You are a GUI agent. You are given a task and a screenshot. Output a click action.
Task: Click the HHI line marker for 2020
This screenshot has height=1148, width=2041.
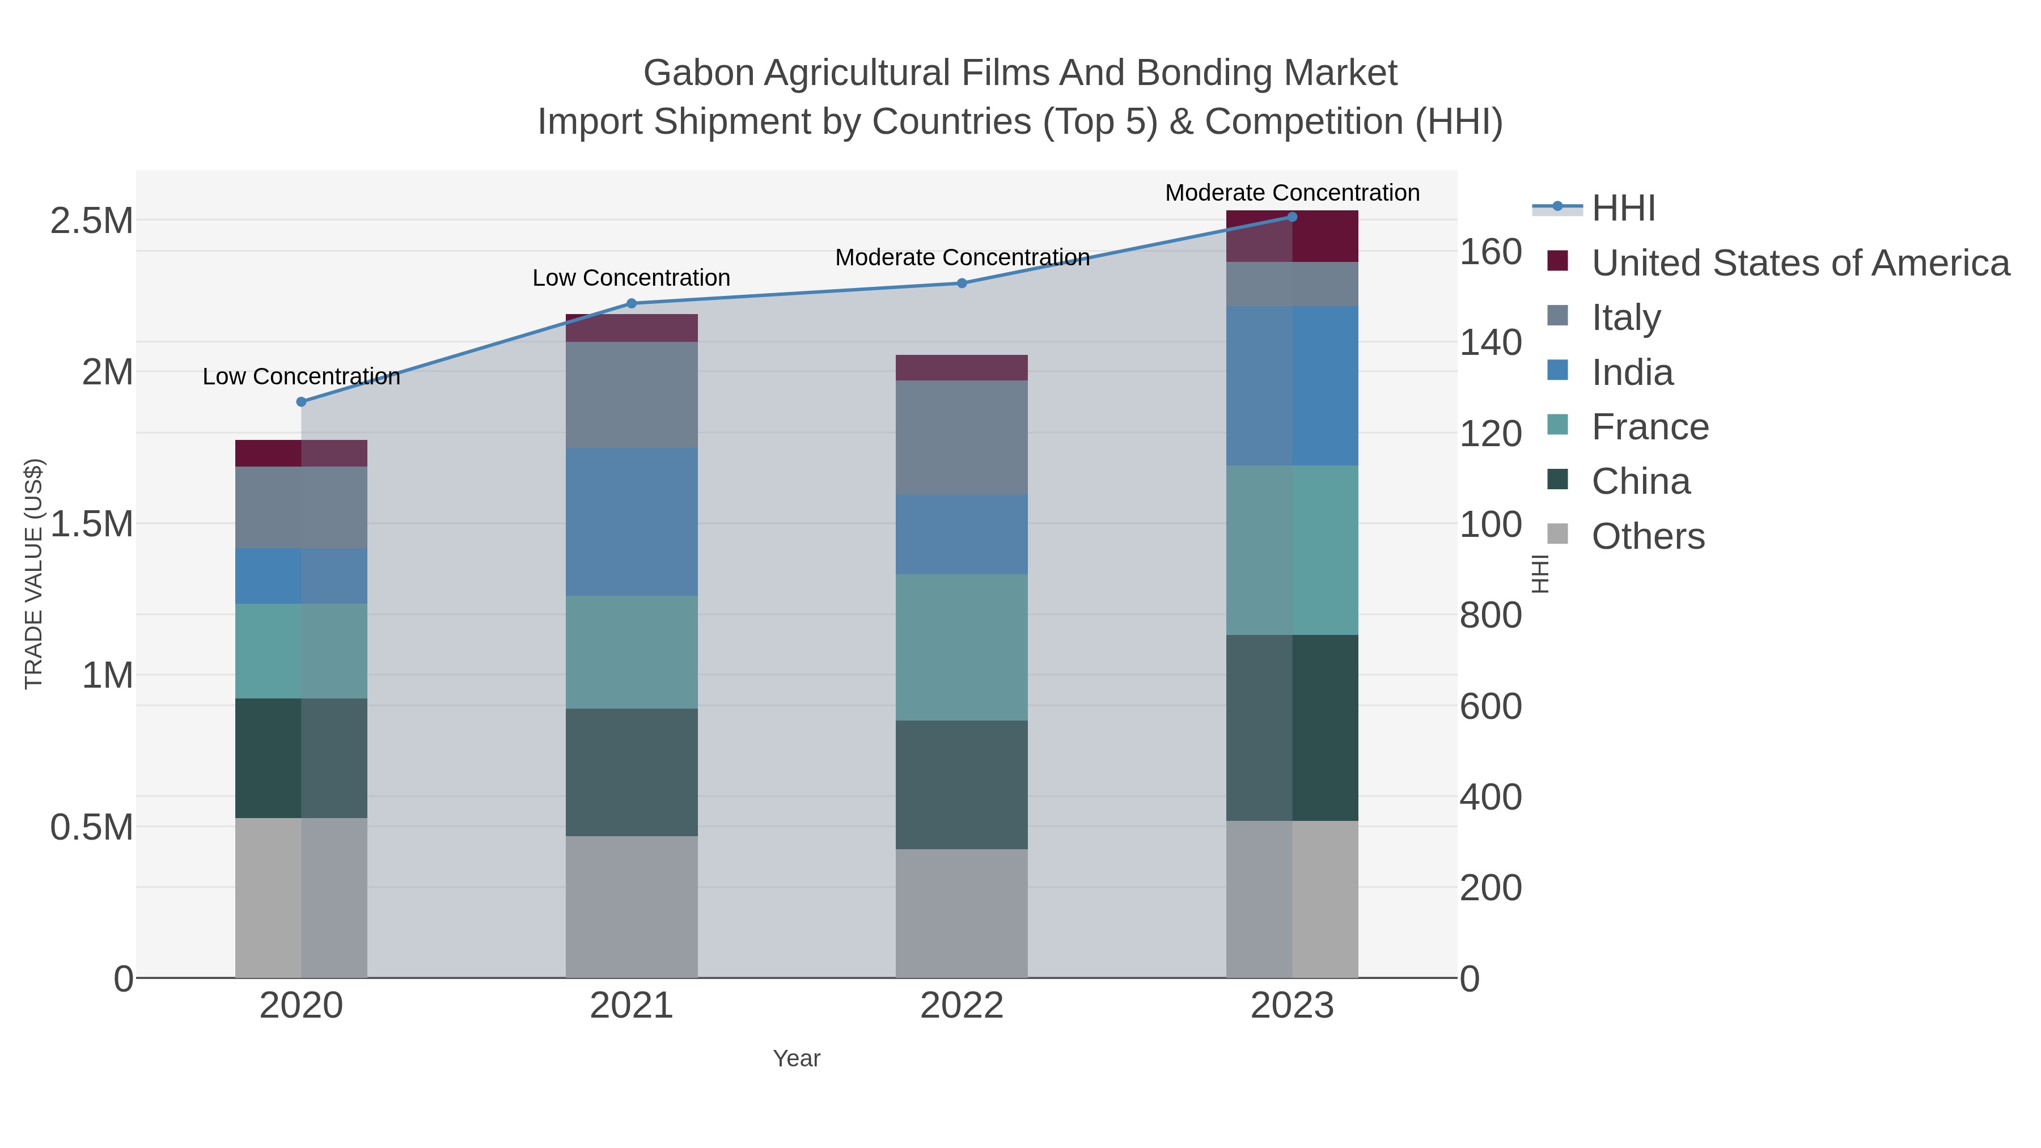(x=301, y=402)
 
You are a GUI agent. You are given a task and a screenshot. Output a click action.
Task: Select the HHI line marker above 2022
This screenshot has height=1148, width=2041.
(x=962, y=283)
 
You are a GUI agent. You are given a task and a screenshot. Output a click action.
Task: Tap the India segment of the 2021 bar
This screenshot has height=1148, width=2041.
(x=632, y=522)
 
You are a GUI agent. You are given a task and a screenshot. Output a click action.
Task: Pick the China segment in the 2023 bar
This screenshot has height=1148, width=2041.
(x=1292, y=727)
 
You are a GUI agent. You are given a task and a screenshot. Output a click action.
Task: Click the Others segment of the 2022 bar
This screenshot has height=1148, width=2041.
(x=962, y=913)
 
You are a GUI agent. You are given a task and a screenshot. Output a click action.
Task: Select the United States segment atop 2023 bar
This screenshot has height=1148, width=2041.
(x=1292, y=236)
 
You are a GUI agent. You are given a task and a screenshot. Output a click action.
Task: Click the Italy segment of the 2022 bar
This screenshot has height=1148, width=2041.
(x=962, y=437)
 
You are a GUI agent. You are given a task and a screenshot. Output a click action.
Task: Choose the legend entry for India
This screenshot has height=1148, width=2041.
(x=1632, y=372)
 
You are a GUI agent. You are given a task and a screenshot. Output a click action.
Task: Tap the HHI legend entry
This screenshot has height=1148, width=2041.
(x=1623, y=209)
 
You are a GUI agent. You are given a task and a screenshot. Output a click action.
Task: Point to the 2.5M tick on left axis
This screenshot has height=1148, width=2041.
(x=91, y=221)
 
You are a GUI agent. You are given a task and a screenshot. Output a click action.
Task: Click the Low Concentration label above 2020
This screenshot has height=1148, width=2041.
(x=301, y=376)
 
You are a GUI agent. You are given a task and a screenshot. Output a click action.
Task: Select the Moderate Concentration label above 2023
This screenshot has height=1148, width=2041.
(x=1291, y=193)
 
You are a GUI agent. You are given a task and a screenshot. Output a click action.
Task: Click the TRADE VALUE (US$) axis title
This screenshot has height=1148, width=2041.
(x=33, y=574)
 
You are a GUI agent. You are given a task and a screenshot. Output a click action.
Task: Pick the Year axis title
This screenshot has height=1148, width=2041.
(x=797, y=1058)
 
